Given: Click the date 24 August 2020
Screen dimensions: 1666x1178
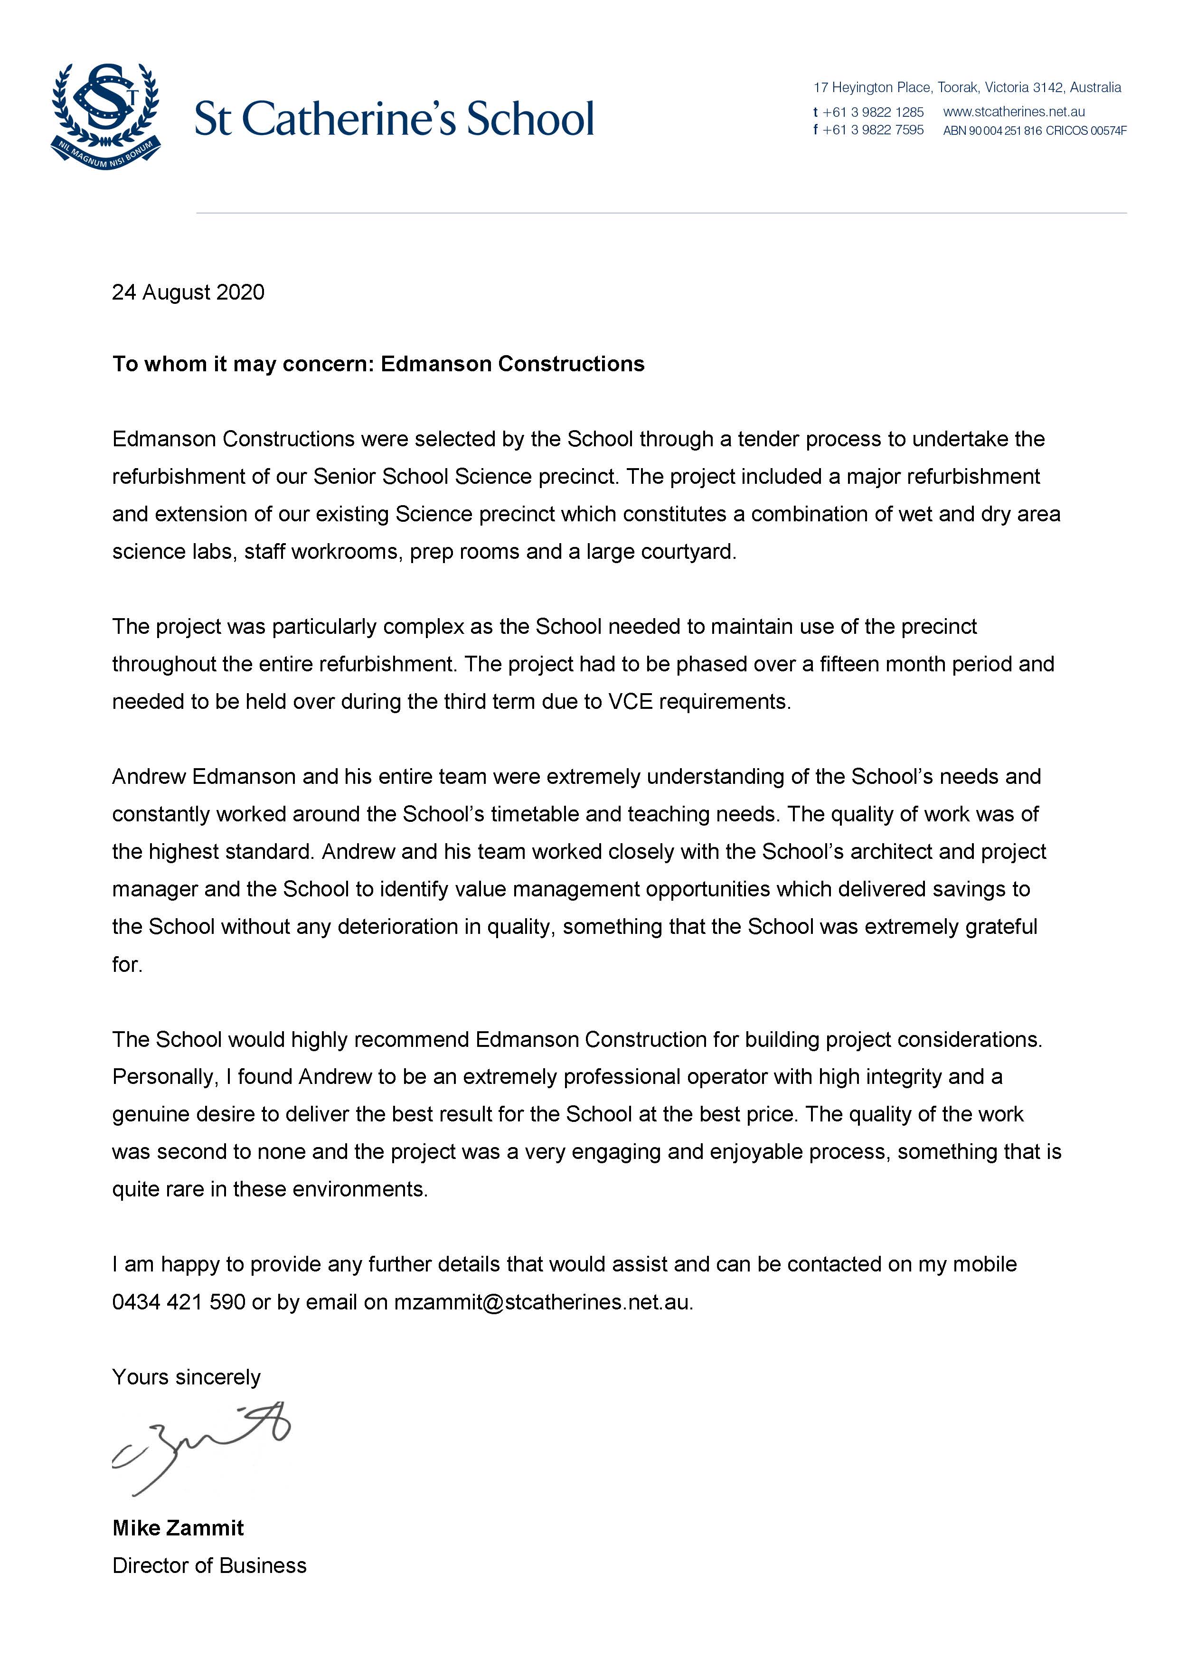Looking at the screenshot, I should pyautogui.click(x=188, y=292).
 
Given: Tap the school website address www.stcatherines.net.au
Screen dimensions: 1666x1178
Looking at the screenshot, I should pyautogui.click(x=1014, y=112).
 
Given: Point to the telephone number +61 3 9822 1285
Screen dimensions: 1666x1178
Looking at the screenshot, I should pyautogui.click(x=873, y=112).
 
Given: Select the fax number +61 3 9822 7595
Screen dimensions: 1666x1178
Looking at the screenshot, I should pyautogui.click(x=873, y=131).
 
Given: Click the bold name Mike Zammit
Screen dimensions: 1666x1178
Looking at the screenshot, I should pyautogui.click(x=178, y=1528).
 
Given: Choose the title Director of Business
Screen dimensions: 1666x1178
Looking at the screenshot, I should pyautogui.click(x=209, y=1566).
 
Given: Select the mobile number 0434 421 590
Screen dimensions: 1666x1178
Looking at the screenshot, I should pyautogui.click(x=179, y=1302).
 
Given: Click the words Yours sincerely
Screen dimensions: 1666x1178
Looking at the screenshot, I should pyautogui.click(x=186, y=1377).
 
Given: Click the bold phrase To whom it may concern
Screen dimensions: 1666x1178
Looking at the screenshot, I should pyautogui.click(x=243, y=364).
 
